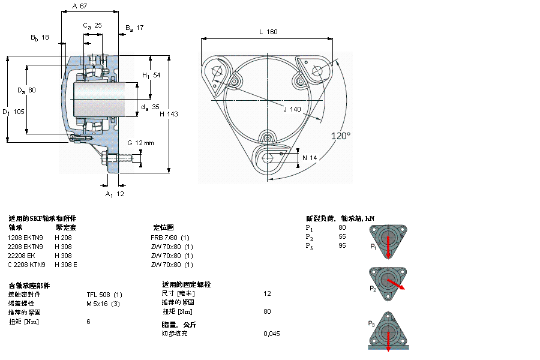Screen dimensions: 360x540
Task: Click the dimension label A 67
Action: (80, 6)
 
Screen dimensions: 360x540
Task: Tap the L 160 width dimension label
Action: (268, 32)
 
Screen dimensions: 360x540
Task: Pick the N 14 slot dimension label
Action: (309, 158)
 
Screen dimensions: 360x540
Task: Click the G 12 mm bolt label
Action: (140, 143)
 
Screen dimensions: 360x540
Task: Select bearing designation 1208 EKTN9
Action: (25, 237)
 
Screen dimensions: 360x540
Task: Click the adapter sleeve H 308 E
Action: (66, 265)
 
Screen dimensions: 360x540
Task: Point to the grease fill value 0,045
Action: (271, 333)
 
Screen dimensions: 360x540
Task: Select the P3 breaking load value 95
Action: (342, 246)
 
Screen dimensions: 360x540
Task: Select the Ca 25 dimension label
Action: (92, 26)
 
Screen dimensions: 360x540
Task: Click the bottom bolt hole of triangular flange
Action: (268, 157)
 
